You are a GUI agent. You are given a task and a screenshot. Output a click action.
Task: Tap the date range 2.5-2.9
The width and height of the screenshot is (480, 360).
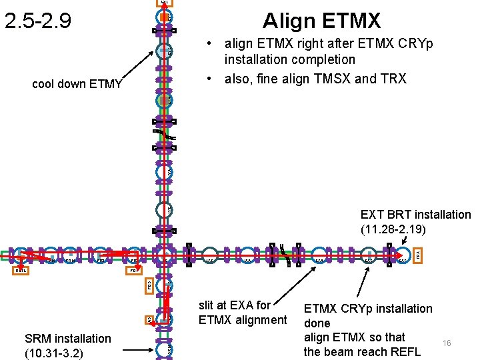(37, 21)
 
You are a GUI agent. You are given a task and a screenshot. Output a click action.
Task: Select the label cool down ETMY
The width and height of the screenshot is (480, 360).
(77, 83)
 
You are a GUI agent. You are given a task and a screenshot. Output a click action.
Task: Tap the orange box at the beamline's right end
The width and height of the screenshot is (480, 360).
(418, 255)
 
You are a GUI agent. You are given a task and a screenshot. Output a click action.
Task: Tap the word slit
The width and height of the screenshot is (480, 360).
(210, 305)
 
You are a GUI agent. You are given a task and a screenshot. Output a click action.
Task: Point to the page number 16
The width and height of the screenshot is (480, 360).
(447, 343)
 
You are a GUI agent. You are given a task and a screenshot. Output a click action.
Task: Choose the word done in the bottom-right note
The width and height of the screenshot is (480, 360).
(317, 323)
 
